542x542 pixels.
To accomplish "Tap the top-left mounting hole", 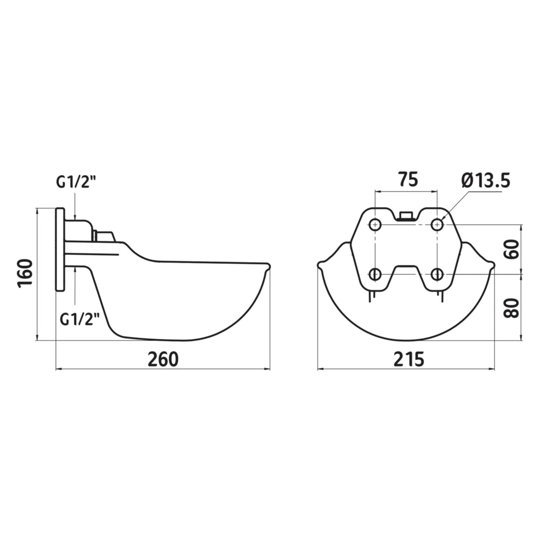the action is point(375,225).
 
